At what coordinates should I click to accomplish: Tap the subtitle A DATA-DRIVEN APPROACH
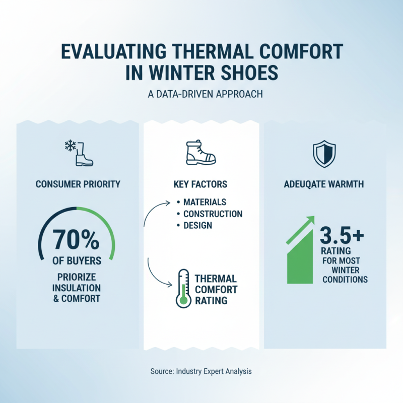click(201, 94)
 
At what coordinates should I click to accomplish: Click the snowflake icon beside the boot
click(70, 147)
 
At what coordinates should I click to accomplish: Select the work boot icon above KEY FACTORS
click(201, 152)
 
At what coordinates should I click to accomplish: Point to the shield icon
click(324, 154)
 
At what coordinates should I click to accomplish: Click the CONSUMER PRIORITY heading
click(78, 184)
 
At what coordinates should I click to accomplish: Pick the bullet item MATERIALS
click(205, 203)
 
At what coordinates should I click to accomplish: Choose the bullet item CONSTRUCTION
click(213, 214)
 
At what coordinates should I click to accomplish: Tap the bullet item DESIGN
click(197, 226)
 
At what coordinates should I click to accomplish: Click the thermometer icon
click(182, 288)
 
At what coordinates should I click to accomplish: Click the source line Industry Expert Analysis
click(201, 371)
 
